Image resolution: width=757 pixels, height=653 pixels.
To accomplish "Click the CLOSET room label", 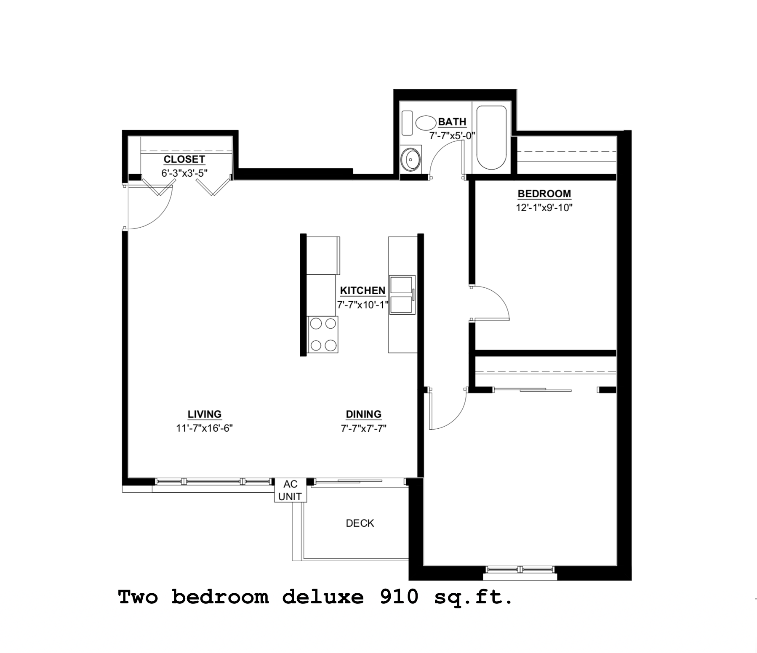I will coord(184,159).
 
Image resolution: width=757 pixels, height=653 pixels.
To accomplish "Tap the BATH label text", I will coord(452,122).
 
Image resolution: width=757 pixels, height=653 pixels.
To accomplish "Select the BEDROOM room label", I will coord(544,194).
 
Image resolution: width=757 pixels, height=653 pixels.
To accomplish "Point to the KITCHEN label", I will coord(363,291).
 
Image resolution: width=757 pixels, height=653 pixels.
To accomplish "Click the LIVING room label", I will coord(205,414).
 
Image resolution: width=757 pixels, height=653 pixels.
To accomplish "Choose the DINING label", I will coord(363,414).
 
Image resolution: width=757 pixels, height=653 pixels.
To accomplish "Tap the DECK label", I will coord(360,523).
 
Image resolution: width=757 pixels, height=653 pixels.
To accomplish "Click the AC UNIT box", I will coord(290,491).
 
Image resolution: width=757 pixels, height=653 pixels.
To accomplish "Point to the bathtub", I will coord(491,138).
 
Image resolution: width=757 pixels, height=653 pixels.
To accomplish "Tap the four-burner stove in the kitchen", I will coord(323,334).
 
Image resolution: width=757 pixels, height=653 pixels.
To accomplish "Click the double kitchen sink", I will coord(402,295).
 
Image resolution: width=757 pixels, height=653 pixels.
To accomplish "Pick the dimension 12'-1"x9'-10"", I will coord(544,208).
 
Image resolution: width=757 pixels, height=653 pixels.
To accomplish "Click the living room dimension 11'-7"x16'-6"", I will coord(205,428).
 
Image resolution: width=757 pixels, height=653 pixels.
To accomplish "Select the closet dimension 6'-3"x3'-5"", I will coord(184,173).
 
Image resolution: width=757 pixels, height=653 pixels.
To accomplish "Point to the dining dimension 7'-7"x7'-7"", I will coord(363,428).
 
